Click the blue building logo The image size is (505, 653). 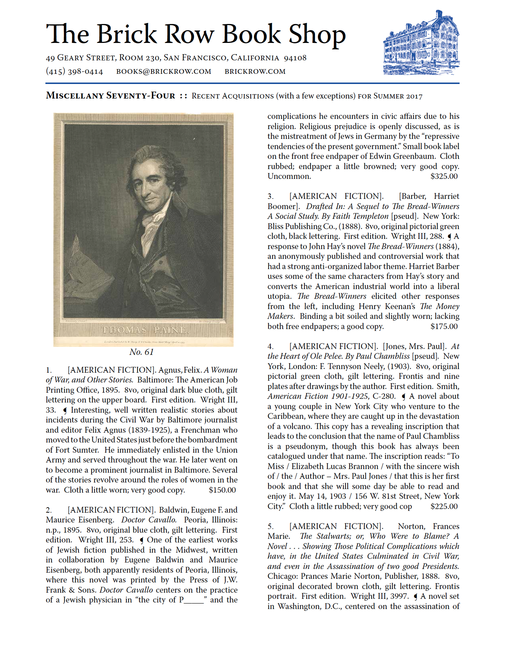click(x=421, y=44)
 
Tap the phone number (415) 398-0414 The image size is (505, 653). click(x=74, y=71)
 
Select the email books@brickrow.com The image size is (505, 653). click(x=163, y=71)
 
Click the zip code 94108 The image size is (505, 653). click(x=295, y=58)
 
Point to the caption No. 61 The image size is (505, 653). click(x=141, y=352)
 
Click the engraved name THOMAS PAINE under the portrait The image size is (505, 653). click(x=144, y=330)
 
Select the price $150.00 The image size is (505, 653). click(x=222, y=490)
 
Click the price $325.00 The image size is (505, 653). click(x=444, y=176)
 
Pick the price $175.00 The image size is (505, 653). click(x=444, y=326)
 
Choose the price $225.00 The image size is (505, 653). click(x=444, y=506)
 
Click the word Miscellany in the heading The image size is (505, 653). click(x=75, y=96)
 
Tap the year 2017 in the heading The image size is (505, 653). click(x=414, y=96)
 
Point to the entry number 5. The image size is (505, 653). click(x=270, y=526)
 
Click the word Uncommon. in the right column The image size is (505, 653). click(x=289, y=176)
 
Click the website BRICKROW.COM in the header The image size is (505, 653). click(x=255, y=71)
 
